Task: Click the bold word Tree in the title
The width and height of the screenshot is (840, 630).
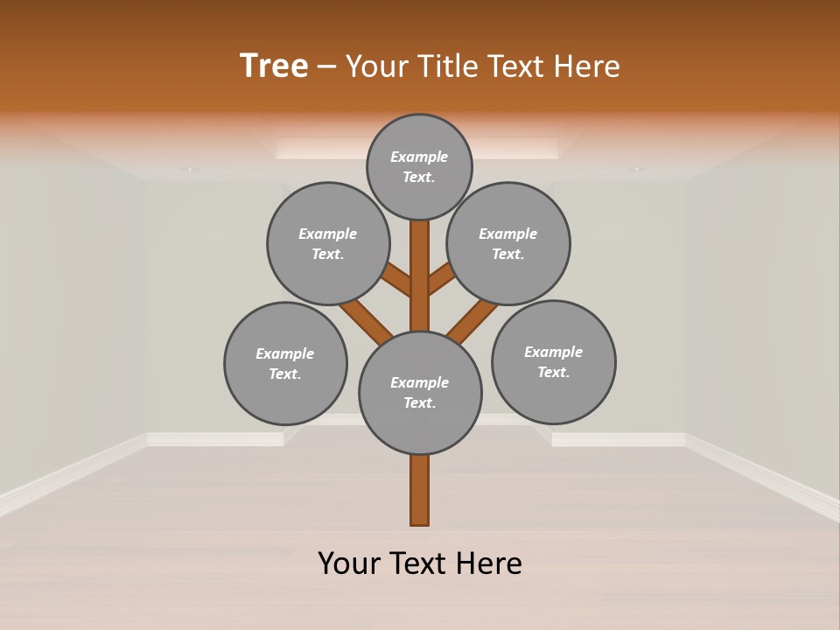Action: pyautogui.click(x=274, y=66)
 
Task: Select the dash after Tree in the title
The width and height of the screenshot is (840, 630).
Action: pyautogui.click(x=326, y=67)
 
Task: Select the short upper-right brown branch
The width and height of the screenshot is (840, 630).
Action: pyautogui.click(x=441, y=280)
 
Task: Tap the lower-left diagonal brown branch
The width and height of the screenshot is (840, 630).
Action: pyautogui.click(x=366, y=320)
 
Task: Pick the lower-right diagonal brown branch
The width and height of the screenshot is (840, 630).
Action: pyautogui.click(x=472, y=321)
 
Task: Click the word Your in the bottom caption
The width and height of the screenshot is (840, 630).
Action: pyautogui.click(x=349, y=563)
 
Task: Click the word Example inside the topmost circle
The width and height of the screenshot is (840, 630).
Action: pyautogui.click(x=419, y=157)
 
